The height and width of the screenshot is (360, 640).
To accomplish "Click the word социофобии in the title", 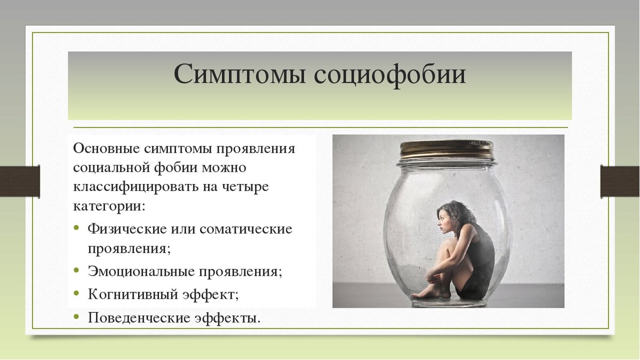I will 390,75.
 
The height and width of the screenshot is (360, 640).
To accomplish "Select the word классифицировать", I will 126,187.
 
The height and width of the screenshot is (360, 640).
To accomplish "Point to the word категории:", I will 109,206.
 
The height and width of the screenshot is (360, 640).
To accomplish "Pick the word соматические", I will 246,229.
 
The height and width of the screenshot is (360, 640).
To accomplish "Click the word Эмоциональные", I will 142,271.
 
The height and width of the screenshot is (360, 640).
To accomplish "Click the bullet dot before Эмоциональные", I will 77,270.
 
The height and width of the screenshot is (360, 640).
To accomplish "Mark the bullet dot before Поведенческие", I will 77,317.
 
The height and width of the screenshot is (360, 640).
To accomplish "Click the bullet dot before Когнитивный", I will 77,293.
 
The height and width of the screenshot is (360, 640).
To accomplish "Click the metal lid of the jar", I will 446,149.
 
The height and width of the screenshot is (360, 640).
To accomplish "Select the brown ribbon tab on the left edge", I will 20,181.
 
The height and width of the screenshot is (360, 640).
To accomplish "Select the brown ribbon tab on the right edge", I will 620,181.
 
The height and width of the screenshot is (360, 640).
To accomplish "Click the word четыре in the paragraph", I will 248,187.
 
